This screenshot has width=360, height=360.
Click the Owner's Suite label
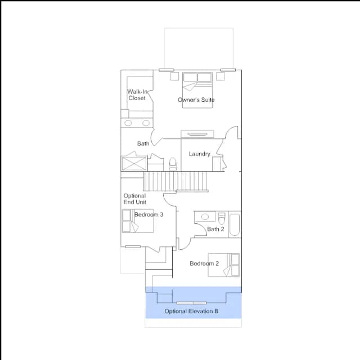point(196,100)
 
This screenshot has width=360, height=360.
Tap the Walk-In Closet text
point(137,95)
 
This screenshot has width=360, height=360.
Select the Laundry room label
point(199,154)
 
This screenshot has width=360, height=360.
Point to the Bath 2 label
point(215,229)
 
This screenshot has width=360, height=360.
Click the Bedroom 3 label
point(148,214)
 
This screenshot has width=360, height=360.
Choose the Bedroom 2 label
point(204,263)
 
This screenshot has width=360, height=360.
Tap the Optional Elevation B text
point(191,311)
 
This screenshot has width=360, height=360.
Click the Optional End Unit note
point(135,199)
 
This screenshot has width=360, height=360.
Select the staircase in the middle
point(175,181)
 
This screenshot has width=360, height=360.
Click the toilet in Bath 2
point(222,218)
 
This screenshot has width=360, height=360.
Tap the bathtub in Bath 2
point(235,225)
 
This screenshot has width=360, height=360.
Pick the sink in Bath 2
point(205,217)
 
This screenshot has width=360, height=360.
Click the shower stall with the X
point(134,164)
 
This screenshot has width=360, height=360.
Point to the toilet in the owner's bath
point(173,164)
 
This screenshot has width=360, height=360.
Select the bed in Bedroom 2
point(224,265)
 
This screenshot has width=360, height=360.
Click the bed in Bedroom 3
point(138,220)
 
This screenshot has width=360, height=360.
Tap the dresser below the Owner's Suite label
point(197,134)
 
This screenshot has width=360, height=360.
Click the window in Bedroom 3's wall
point(133,246)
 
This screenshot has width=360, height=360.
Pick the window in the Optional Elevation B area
point(191,303)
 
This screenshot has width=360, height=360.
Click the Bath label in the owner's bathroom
point(143,143)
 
